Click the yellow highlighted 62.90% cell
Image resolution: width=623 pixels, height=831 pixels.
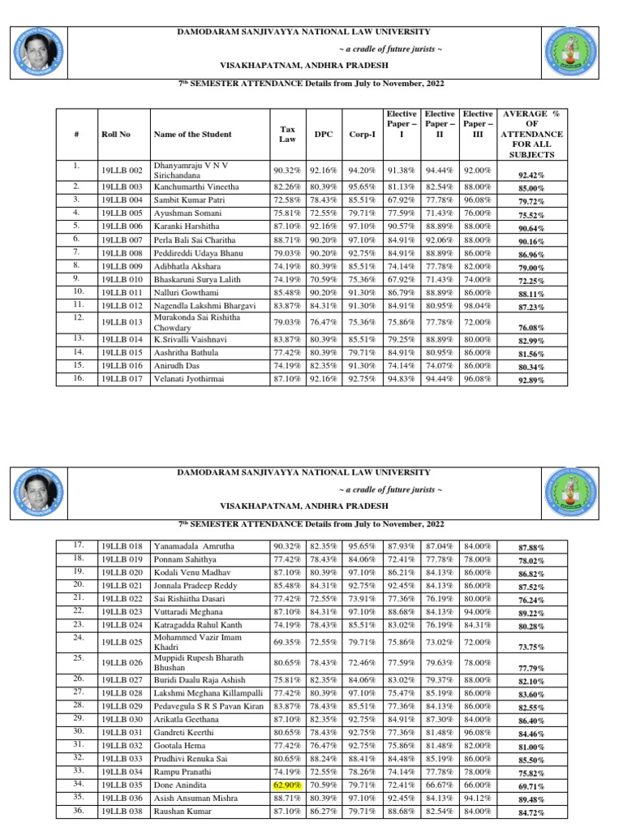coord(288,786)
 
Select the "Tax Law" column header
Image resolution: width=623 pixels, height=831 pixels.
coord(287,134)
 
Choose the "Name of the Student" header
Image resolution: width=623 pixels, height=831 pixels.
coord(192,134)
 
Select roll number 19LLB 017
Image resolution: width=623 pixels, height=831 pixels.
coord(122,378)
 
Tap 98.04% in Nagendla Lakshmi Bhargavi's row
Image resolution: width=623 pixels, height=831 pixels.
coord(477,304)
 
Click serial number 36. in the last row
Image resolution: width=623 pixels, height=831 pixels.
coord(78,811)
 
